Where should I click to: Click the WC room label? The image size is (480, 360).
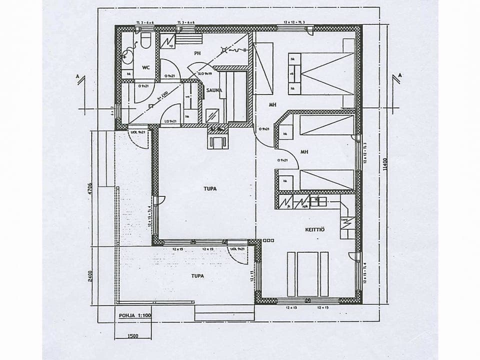point(146,67)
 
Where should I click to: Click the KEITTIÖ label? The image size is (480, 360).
point(315,229)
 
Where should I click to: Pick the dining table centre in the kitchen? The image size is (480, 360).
point(307,273)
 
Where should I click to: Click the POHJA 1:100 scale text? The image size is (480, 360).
point(134,315)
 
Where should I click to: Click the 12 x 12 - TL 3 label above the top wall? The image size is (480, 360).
point(294,23)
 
